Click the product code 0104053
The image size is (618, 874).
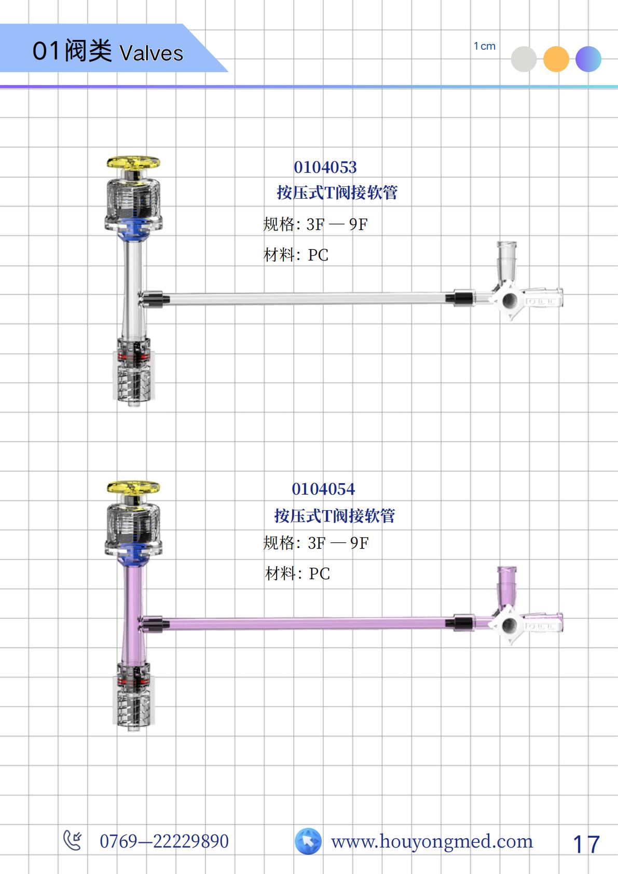(x=325, y=168)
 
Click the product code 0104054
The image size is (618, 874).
(x=323, y=489)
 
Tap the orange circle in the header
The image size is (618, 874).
(x=556, y=59)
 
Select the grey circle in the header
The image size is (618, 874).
(x=524, y=59)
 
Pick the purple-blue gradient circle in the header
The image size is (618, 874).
(x=588, y=59)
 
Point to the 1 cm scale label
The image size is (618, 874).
(x=485, y=46)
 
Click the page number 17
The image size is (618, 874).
(x=586, y=844)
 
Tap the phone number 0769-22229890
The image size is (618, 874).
(x=164, y=841)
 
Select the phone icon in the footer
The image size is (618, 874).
(x=73, y=840)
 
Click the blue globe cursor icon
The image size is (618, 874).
(x=308, y=841)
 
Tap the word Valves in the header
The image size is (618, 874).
(x=152, y=53)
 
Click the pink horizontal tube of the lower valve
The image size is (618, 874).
(x=308, y=623)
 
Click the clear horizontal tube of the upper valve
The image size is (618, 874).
(x=308, y=298)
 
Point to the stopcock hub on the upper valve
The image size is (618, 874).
(x=509, y=301)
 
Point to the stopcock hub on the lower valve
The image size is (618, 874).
(x=509, y=625)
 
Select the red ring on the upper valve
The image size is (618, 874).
(x=134, y=356)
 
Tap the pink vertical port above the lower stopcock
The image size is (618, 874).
(x=506, y=586)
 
